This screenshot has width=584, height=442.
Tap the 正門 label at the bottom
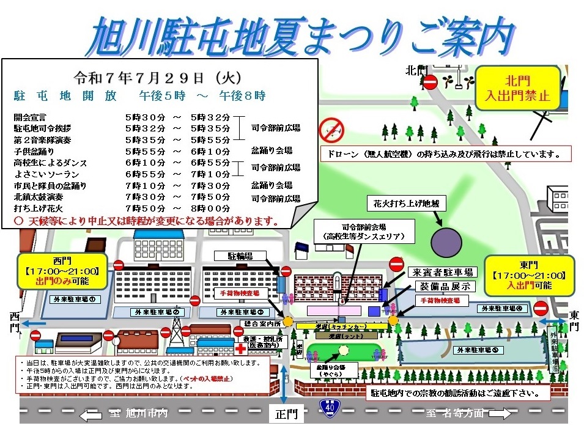pos(286,415)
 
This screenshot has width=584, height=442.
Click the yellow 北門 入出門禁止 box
pos(518,87)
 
